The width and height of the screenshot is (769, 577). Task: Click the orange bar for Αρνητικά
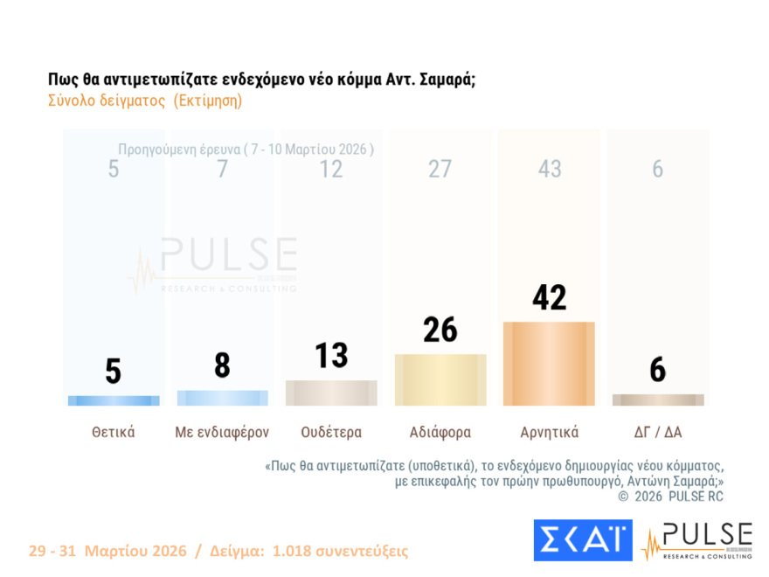click(549, 364)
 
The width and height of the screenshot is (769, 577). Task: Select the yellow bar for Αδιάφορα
click(440, 379)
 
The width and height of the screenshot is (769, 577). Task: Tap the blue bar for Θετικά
click(114, 400)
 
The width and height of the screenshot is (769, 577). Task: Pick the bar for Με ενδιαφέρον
click(222, 398)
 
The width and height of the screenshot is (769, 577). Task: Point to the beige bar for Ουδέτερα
click(331, 393)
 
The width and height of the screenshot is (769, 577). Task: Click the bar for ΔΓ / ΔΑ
click(658, 400)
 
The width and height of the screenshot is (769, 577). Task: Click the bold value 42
click(549, 298)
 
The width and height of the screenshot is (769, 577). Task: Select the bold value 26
click(440, 330)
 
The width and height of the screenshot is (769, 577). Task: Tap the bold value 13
click(331, 356)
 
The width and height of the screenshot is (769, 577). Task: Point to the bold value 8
click(222, 365)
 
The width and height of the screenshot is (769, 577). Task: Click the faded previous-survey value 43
click(549, 170)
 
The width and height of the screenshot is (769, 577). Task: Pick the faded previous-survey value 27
click(440, 170)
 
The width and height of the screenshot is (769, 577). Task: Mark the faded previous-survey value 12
click(331, 170)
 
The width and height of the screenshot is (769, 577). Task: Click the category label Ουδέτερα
click(331, 432)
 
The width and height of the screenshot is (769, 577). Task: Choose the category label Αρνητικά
click(549, 432)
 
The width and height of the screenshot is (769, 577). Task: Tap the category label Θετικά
click(114, 432)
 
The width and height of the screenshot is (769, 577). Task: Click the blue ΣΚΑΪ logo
click(582, 540)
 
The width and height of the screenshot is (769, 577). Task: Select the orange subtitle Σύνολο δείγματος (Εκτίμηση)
click(145, 101)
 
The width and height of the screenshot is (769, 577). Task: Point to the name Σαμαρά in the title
click(444, 79)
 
